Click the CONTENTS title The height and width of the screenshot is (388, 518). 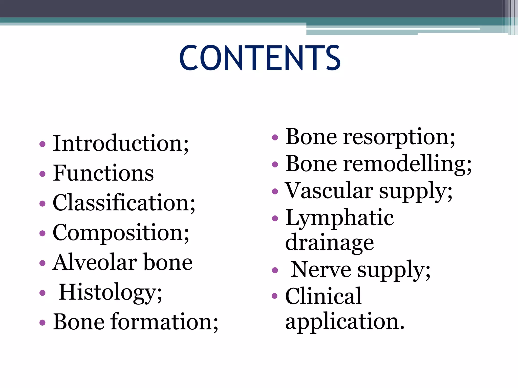click(x=260, y=58)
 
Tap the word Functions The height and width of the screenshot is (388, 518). click(x=103, y=173)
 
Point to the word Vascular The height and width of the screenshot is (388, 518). click(x=329, y=190)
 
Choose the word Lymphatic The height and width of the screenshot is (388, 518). click(x=339, y=218)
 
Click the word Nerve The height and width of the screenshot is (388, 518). click(x=321, y=270)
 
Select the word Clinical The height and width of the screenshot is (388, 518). click(x=323, y=296)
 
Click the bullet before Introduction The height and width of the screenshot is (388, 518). click(x=42, y=144)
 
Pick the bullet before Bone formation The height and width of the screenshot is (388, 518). click(x=42, y=323)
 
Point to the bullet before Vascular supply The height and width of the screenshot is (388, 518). click(x=275, y=191)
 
